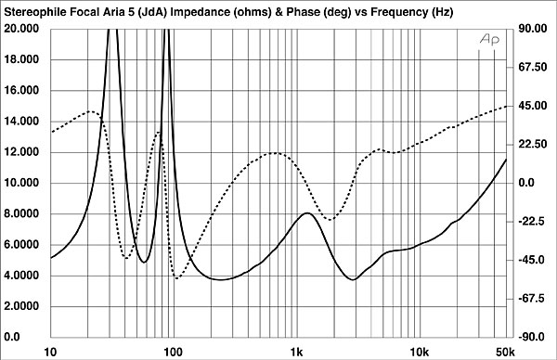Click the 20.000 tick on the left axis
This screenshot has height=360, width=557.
(x=23, y=29)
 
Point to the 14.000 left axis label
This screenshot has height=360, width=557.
(x=23, y=122)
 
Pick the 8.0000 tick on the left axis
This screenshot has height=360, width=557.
(x=23, y=214)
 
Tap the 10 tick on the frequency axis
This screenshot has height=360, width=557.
(x=51, y=352)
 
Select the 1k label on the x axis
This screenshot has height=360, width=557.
(x=296, y=352)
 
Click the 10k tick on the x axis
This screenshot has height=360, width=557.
(x=419, y=352)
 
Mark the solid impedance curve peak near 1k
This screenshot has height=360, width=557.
(x=306, y=213)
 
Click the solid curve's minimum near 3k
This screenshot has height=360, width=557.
(x=354, y=279)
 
